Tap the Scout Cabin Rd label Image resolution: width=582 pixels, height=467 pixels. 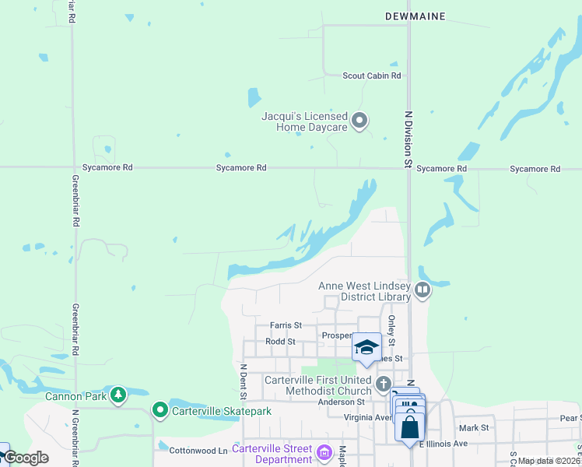[372, 75]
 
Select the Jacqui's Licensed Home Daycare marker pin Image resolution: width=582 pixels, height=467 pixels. [359, 120]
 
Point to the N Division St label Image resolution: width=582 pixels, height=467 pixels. [406, 139]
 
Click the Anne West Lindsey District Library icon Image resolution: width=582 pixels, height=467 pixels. [422, 291]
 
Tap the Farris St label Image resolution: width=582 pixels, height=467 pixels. [285, 325]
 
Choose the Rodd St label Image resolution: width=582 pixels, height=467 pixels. [280, 342]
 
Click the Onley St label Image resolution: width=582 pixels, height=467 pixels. [391, 332]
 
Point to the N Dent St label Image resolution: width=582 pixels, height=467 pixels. [243, 381]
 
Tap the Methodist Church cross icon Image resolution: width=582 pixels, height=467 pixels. [383, 384]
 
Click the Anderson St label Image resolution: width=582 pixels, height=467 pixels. [342, 402]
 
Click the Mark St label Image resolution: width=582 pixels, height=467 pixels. [473, 428]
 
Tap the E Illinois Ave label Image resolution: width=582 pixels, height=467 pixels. [444, 444]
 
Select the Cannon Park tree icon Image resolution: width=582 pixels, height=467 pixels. [117, 395]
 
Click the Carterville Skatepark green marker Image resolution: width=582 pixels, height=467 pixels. [160, 409]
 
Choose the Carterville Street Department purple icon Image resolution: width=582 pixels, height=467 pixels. [326, 451]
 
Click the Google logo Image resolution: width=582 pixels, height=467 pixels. [26, 458]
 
